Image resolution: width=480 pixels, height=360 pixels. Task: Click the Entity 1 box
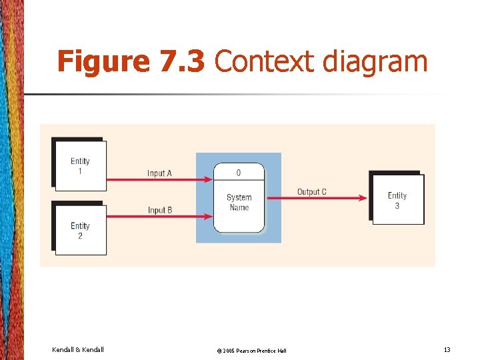click(80, 166)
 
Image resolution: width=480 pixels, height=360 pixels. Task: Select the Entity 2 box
click(80, 230)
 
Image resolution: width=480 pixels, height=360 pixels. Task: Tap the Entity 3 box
click(397, 200)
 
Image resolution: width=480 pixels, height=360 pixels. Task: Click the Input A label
click(160, 173)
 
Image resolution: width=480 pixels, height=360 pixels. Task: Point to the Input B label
click(160, 210)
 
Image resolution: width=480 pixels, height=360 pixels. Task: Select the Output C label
click(311, 192)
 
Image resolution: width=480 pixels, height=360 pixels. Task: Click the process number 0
click(239, 173)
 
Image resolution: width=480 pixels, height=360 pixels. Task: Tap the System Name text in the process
click(239, 202)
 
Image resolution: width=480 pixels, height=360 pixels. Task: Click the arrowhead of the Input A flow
click(209, 179)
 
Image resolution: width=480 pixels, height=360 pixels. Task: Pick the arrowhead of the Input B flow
click(209, 216)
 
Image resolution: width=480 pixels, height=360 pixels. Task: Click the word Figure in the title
click(103, 62)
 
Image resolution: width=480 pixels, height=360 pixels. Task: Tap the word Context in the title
click(265, 62)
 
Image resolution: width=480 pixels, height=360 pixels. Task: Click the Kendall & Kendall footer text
click(77, 349)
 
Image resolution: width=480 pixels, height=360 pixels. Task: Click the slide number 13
click(447, 349)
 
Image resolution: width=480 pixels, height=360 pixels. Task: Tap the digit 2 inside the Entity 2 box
click(80, 235)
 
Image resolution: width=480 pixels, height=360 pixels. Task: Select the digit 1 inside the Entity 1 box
click(80, 171)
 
